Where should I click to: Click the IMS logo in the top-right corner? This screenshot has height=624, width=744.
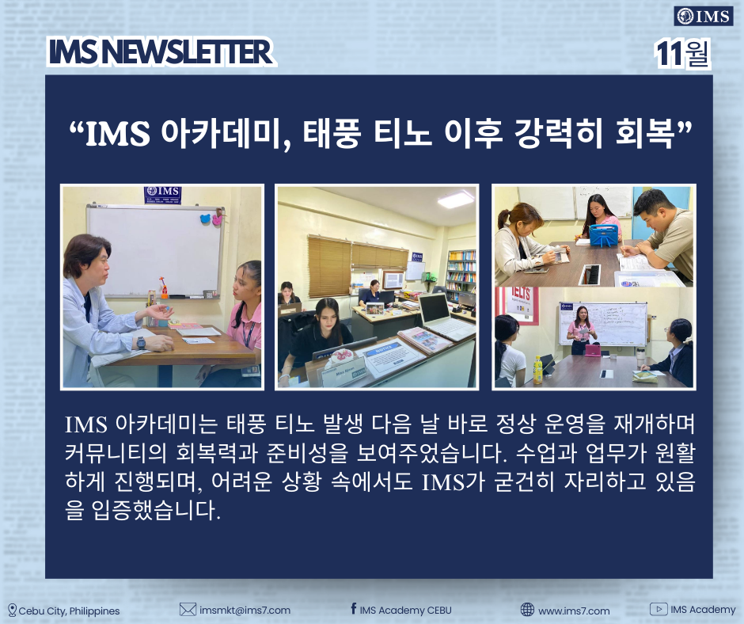(x=704, y=17)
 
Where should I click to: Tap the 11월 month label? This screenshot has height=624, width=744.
(x=682, y=54)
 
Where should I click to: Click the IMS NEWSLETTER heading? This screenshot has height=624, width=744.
(x=161, y=51)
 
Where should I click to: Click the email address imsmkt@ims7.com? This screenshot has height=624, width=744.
(x=245, y=611)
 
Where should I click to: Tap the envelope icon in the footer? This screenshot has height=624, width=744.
(x=188, y=609)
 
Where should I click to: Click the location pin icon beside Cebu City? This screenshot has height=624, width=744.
(x=13, y=611)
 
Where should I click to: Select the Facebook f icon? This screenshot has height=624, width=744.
(x=354, y=608)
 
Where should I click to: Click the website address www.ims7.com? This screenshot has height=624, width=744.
(x=574, y=611)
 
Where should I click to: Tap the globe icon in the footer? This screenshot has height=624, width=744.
(x=527, y=609)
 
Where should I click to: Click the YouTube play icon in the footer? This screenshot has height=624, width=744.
(x=658, y=609)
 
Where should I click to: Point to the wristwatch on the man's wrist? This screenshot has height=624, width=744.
(x=141, y=342)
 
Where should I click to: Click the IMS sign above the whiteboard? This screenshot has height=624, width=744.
(x=163, y=195)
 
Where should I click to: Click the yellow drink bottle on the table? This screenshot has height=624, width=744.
(x=537, y=371)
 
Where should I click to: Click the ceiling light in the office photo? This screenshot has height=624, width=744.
(x=456, y=199)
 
